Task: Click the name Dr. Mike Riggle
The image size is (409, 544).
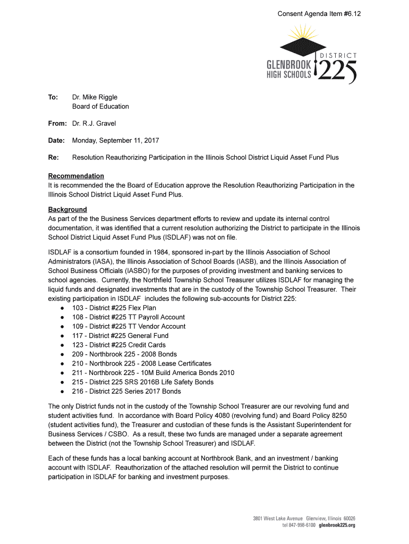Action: pyautogui.click(x=95, y=97)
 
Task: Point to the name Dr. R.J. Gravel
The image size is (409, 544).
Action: pyautogui.click(x=94, y=123)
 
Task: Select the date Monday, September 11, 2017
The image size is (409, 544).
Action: pyautogui.click(x=115, y=141)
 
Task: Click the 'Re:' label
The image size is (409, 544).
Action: pyautogui.click(x=53, y=158)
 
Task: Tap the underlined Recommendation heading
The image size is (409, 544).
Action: pyautogui.click(x=76, y=176)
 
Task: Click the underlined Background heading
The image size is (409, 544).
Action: pyautogui.click(x=67, y=209)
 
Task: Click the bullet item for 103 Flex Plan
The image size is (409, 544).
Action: pyautogui.click(x=114, y=308)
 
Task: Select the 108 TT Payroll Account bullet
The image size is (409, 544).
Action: pyautogui.click(x=128, y=317)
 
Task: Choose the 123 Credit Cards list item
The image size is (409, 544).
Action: pyautogui.click(x=118, y=345)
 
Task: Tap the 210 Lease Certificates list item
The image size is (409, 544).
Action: pyautogui.click(x=141, y=363)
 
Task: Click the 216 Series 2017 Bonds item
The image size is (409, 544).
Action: pyautogui.click(x=126, y=392)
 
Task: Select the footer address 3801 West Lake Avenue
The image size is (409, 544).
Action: pyautogui.click(x=277, y=518)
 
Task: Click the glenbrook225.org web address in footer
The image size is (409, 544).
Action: pyautogui.click(x=337, y=525)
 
